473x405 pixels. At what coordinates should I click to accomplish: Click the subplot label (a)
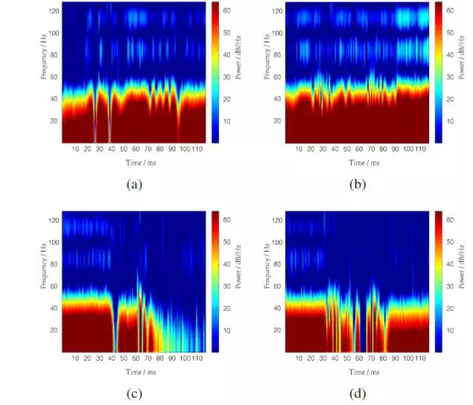(134, 185)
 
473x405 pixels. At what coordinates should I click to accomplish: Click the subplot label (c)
(134, 394)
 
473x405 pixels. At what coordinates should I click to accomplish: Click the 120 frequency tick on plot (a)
(54, 11)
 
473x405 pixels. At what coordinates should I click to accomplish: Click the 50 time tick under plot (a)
(123, 149)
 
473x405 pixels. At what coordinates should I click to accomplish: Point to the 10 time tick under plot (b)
(298, 149)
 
